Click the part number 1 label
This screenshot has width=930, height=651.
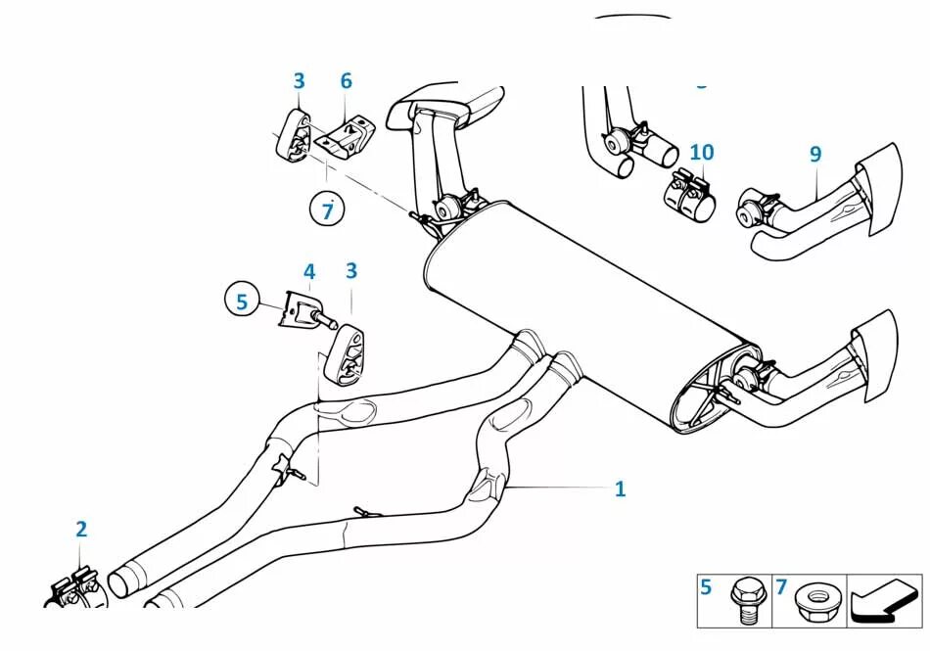point(620,488)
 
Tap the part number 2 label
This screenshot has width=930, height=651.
point(81,530)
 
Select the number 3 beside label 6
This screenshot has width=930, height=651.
point(299,81)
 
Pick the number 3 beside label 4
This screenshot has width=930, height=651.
point(350,271)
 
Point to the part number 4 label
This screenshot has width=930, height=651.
point(309,271)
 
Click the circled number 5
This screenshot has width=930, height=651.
point(243,300)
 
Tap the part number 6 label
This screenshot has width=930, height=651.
point(346,81)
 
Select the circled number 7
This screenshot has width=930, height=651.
point(328,209)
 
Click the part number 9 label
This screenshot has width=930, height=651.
point(815,154)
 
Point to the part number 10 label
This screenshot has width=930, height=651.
point(701,153)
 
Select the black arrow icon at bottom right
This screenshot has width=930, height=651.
point(883,599)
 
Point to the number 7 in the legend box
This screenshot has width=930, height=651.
point(781,587)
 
